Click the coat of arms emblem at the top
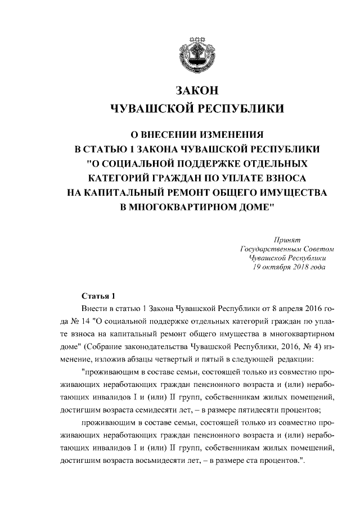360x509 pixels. [196, 54]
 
